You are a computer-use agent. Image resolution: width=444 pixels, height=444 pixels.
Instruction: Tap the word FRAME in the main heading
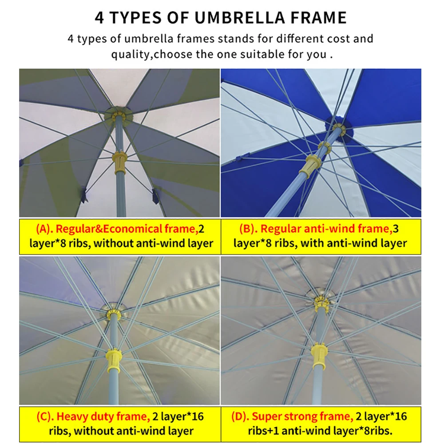[317, 17]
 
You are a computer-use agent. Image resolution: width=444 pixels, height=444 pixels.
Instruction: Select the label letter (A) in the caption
[44, 229]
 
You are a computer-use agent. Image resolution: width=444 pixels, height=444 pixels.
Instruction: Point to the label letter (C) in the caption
[45, 416]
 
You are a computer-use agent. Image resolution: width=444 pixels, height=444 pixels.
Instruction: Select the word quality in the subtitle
[127, 55]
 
